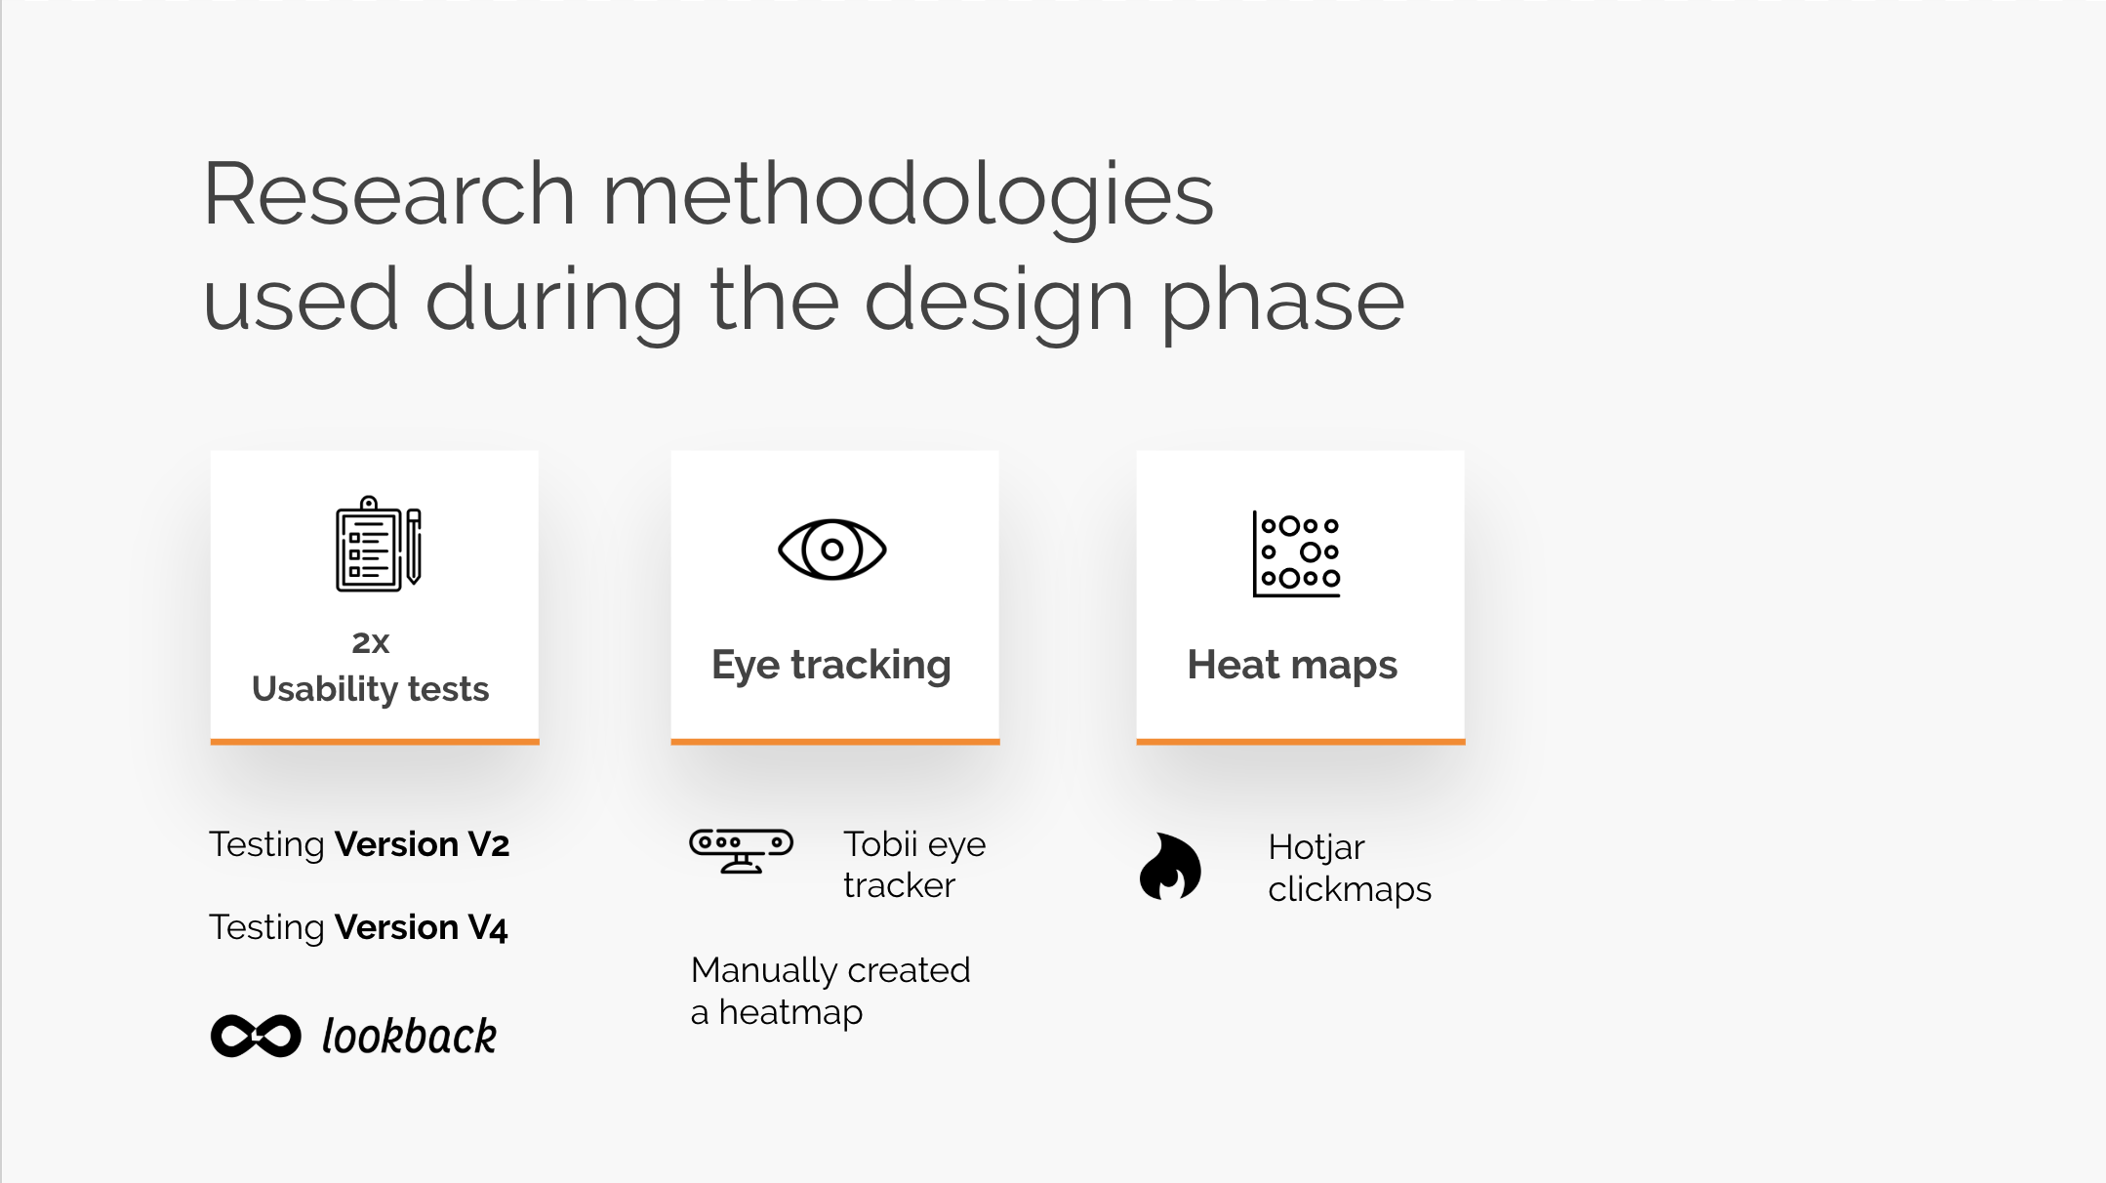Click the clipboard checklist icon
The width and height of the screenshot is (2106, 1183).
[x=379, y=544]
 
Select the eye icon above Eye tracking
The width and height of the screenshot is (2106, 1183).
[x=832, y=550]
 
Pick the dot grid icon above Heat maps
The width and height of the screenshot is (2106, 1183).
[x=1297, y=553]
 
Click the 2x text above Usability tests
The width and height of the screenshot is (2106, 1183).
[x=371, y=642]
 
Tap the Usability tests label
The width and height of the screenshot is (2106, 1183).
[x=371, y=689]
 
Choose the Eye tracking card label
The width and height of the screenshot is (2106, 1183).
[x=831, y=666]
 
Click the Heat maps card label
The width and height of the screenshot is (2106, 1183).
[x=1292, y=666]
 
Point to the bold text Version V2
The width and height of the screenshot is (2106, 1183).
[x=422, y=844]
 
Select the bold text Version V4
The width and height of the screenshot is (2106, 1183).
[x=422, y=927]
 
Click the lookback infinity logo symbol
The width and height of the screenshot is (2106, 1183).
[x=256, y=1036]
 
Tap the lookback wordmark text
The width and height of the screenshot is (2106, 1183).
[x=410, y=1036]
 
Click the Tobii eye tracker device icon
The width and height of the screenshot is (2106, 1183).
[x=742, y=851]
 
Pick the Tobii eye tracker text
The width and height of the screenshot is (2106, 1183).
[x=914, y=865]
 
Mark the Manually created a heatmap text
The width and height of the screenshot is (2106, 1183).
[x=830, y=991]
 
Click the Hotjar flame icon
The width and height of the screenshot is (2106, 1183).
[x=1170, y=866]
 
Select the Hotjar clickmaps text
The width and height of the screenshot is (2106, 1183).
[x=1350, y=868]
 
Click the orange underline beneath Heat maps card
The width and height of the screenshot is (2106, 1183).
[x=1301, y=742]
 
